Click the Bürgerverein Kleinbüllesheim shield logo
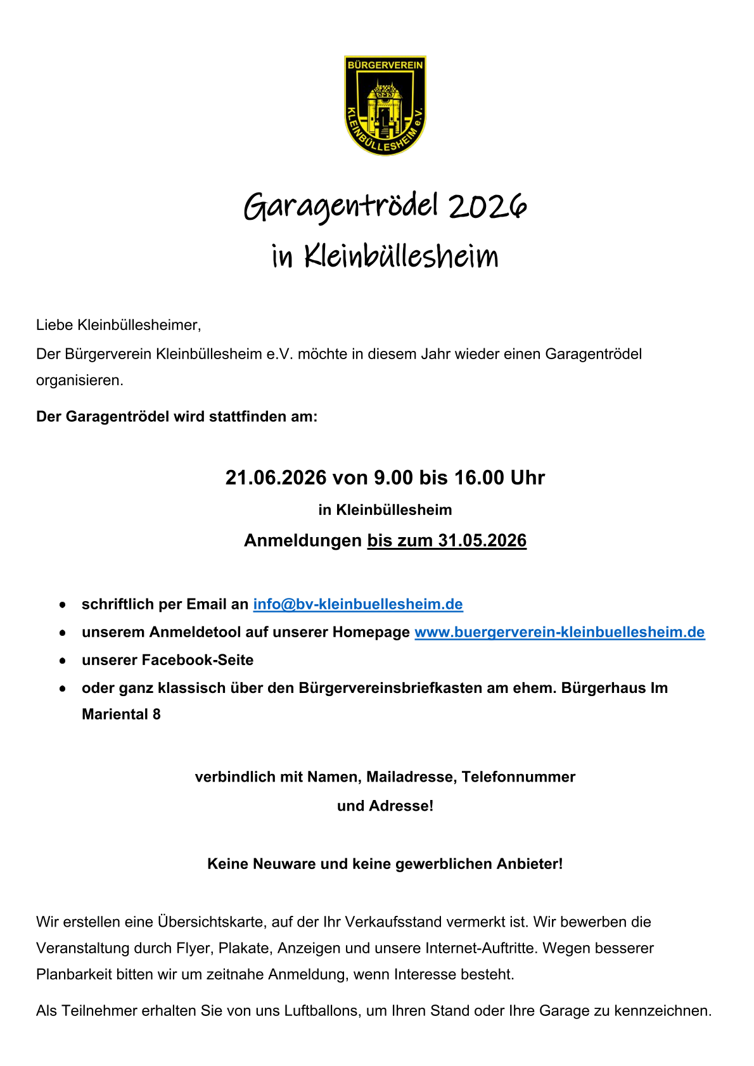(385, 105)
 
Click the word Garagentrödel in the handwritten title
(341, 206)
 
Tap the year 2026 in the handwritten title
(488, 206)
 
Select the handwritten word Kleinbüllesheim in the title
(401, 257)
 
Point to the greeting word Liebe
(54, 326)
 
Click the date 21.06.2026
(276, 477)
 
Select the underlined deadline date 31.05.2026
(482, 540)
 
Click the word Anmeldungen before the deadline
(302, 540)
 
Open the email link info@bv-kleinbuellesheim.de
(358, 604)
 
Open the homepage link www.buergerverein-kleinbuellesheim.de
(559, 632)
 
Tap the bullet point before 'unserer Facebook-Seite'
(63, 661)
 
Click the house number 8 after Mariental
(157, 714)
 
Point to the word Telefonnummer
(518, 777)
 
